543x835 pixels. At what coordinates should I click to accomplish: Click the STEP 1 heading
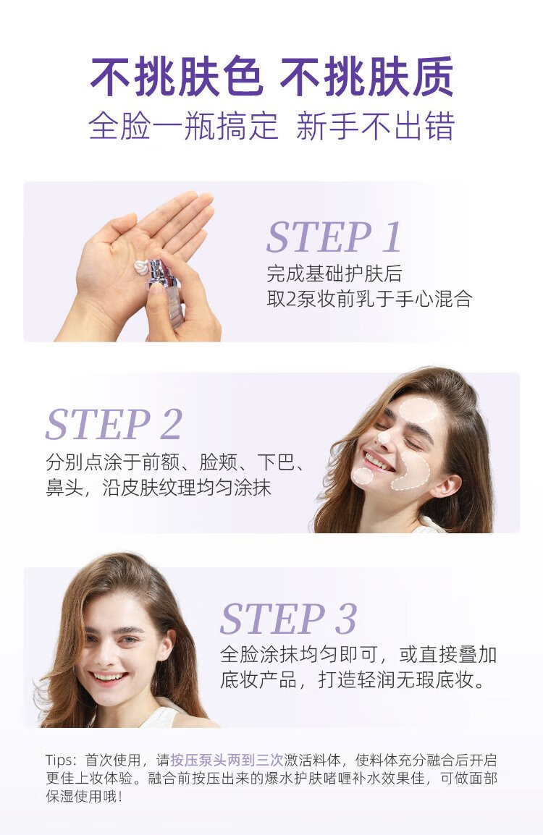coord(334,237)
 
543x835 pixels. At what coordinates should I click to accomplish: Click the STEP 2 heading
coord(114,424)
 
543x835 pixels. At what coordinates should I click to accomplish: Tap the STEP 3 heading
coord(288,618)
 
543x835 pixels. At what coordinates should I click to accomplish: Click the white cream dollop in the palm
coord(143,266)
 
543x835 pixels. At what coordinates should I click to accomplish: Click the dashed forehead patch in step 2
coord(418,410)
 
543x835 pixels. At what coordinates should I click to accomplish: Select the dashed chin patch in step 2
coord(363,476)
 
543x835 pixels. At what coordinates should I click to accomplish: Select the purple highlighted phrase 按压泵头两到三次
coord(227,760)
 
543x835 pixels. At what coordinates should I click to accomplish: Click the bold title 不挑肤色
coord(177,77)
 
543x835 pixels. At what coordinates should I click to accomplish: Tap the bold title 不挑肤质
coord(366,77)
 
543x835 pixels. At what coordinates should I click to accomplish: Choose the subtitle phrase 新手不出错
coord(375,127)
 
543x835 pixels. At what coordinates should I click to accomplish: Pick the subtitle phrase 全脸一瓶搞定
coord(183,127)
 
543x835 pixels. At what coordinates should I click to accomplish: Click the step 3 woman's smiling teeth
coord(109,677)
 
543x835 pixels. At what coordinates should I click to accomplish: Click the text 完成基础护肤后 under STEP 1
coord(334,274)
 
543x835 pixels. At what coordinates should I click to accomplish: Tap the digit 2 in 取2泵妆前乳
coord(290,300)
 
